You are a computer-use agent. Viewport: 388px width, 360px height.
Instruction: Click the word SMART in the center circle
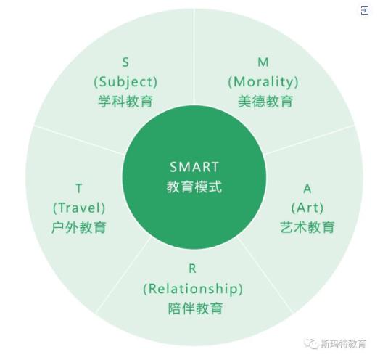tap(194, 167)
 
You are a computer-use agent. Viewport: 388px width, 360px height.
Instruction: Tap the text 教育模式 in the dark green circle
tap(194, 187)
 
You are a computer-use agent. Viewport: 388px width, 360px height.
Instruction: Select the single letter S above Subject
tap(125, 62)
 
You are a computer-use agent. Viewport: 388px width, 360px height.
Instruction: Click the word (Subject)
tap(125, 82)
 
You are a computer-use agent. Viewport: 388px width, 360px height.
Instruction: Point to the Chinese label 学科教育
tap(125, 102)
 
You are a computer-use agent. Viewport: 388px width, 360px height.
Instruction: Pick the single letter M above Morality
tap(263, 62)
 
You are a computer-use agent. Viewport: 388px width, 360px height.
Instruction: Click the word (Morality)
tap(263, 82)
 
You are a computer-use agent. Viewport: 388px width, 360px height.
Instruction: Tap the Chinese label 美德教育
tap(265, 102)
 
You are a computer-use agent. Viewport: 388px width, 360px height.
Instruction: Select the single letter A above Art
tap(307, 189)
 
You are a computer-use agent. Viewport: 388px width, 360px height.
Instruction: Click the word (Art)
tap(307, 208)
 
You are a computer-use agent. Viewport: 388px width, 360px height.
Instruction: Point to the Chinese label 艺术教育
tap(307, 227)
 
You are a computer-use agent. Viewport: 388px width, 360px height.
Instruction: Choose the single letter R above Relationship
tap(192, 269)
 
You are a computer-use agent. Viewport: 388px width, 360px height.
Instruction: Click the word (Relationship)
tap(193, 289)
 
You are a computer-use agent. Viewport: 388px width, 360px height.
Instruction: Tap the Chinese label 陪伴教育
tap(196, 308)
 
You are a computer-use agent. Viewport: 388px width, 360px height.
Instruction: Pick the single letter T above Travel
tap(79, 189)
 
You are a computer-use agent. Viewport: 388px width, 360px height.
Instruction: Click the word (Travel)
tap(79, 208)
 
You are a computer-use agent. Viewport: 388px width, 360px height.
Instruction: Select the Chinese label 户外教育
tap(79, 227)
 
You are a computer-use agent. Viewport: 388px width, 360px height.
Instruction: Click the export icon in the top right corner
tap(365, 10)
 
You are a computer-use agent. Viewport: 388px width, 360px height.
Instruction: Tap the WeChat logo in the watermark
tap(311, 343)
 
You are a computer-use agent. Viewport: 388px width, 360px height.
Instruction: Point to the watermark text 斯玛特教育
tap(343, 344)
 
